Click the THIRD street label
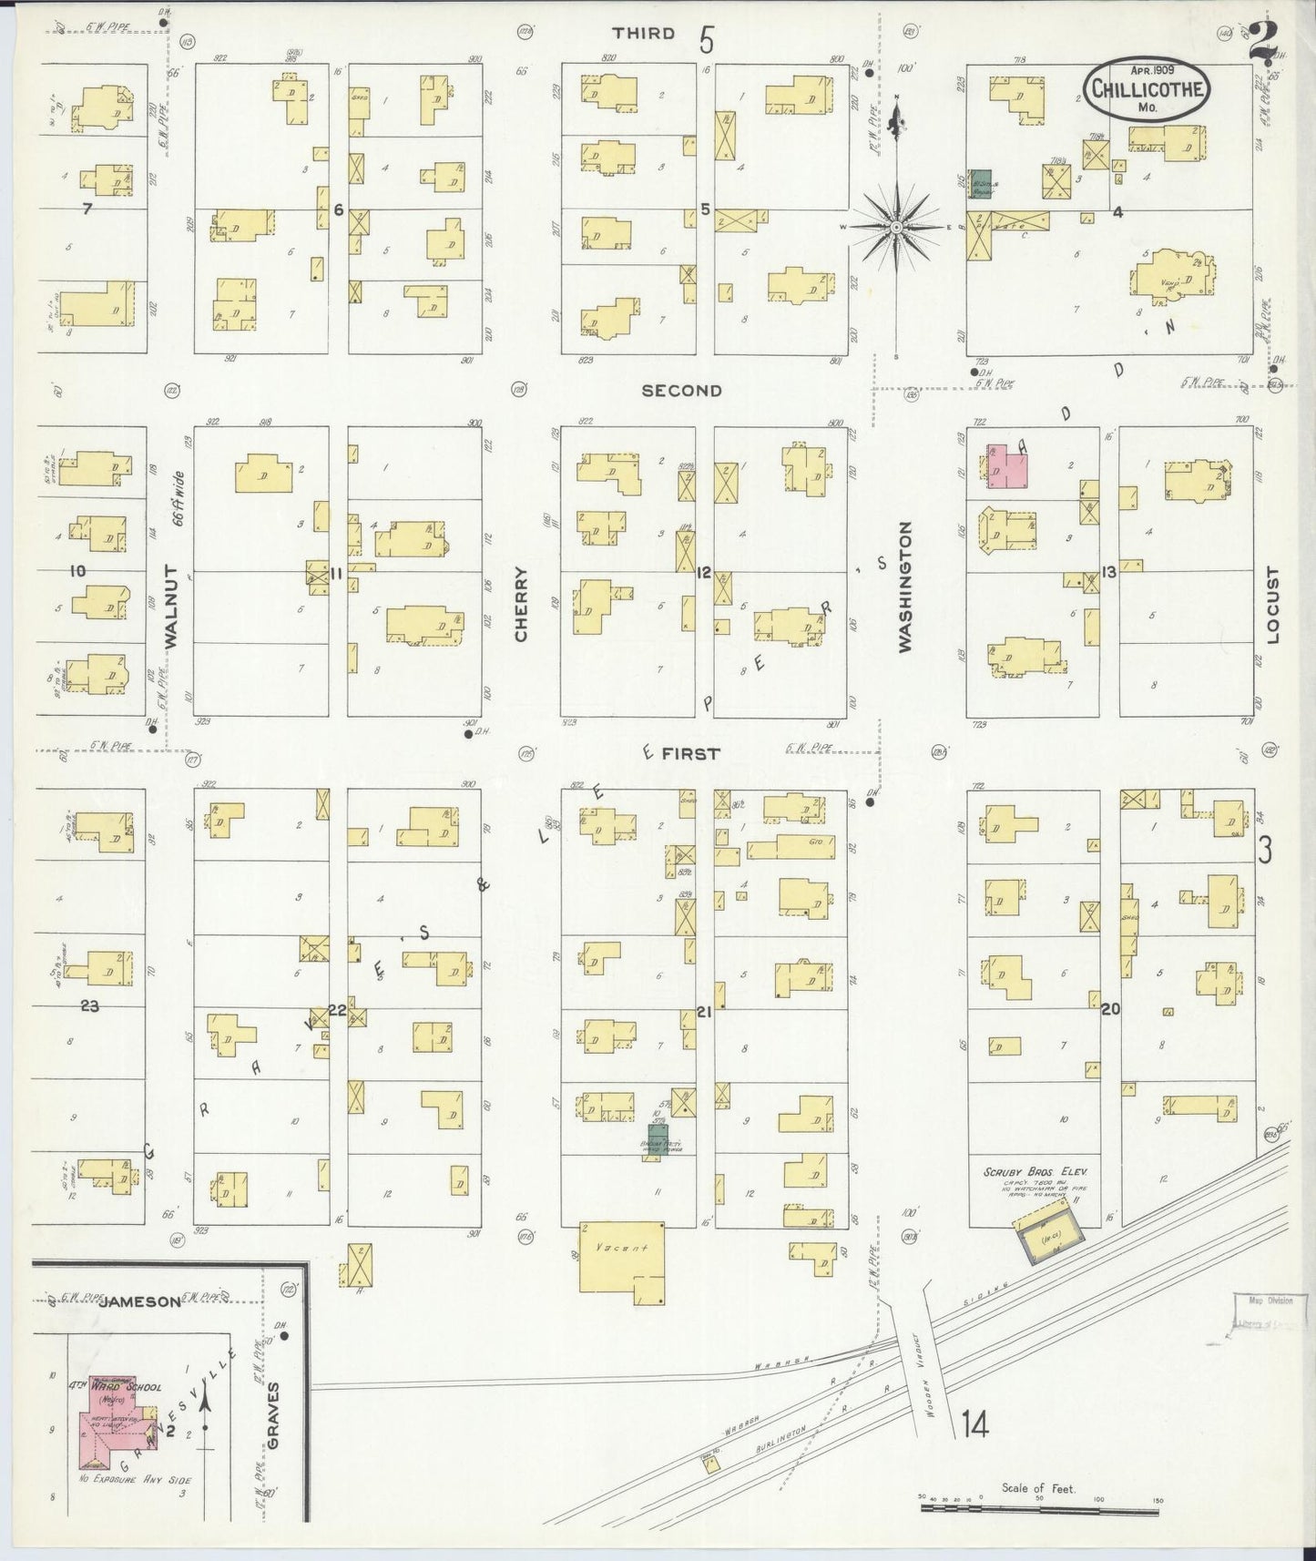(644, 34)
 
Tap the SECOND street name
(681, 391)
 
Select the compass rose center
(897, 226)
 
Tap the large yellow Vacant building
(622, 1257)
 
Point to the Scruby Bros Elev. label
(1035, 1173)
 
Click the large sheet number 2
(1262, 41)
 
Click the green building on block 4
(981, 181)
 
